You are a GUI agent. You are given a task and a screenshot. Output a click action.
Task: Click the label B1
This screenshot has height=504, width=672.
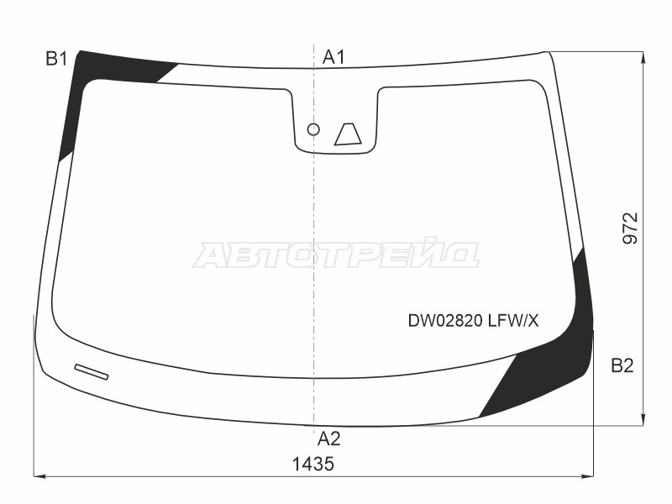coord(56,59)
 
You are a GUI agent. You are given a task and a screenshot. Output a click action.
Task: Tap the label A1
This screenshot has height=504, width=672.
coord(333,57)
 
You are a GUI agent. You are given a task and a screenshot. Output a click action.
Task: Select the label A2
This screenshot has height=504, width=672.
coord(329,438)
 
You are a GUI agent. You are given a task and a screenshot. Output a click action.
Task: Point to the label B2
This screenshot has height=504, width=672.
coord(622,365)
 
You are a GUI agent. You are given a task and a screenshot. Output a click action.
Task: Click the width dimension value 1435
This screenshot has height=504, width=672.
coord(312,464)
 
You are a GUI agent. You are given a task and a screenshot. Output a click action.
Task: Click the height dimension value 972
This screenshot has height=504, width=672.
coord(631,228)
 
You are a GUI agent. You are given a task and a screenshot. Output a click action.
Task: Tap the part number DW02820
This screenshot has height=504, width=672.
coord(446,321)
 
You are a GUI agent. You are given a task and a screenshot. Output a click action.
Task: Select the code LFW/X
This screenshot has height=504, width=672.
coord(513,321)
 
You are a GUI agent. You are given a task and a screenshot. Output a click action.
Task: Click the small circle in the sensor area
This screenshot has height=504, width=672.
coord(313,129)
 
